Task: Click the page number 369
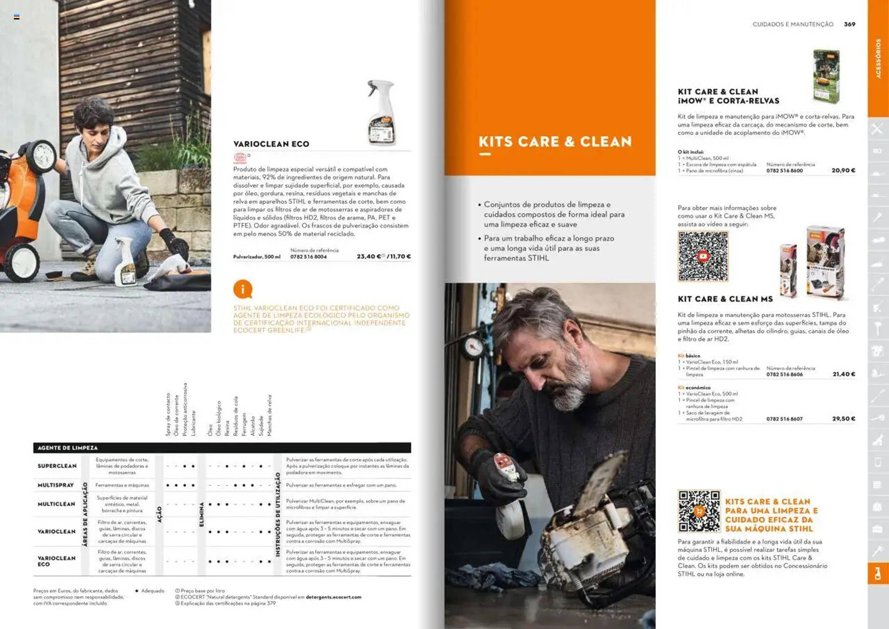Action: coord(849,24)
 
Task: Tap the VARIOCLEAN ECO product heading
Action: coord(271,144)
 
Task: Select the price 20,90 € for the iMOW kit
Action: coord(843,170)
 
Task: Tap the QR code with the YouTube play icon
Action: coord(703,256)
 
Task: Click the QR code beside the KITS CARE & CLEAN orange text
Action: coord(699,511)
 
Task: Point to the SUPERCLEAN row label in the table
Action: coord(57,466)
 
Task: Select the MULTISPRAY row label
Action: coord(55,485)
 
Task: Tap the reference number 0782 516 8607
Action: coord(784,419)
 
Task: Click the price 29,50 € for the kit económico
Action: coord(843,419)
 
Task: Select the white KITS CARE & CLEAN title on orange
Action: coord(555,142)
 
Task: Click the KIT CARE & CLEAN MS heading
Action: coord(725,299)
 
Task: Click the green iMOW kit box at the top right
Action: coord(826,76)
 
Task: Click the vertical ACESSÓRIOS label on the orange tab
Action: coord(878,58)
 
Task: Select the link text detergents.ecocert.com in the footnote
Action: coord(333,597)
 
